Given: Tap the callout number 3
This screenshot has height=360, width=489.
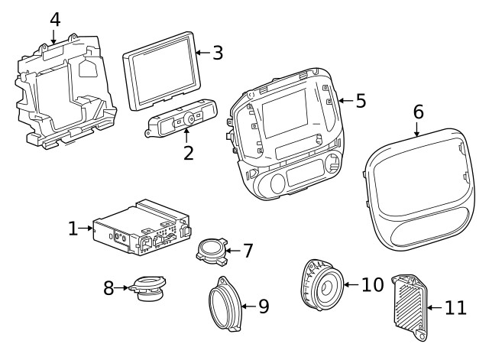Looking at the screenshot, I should (218, 53).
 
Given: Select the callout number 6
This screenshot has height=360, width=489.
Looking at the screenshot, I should (418, 112).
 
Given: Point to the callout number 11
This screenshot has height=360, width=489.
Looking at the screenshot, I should (455, 308).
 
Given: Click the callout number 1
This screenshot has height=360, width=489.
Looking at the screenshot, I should (73, 228).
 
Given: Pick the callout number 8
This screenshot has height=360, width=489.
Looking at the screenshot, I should (108, 288).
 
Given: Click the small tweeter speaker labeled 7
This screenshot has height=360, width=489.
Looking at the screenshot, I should (210, 251).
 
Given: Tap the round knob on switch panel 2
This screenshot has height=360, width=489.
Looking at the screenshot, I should (187, 119).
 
